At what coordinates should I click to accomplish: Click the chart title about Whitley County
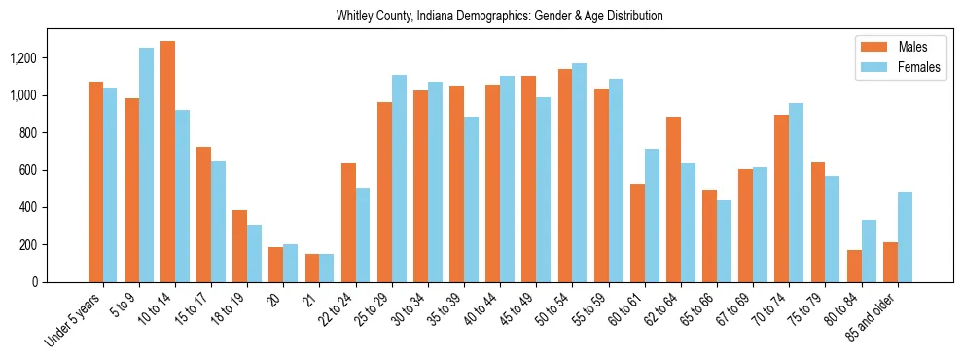tap(500, 16)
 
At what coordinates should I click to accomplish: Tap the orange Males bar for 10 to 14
tap(168, 162)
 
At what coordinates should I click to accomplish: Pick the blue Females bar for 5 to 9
tap(146, 164)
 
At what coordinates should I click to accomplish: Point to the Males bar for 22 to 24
tap(348, 223)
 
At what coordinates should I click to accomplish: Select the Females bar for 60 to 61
tap(652, 215)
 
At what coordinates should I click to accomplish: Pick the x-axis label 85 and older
tap(875, 317)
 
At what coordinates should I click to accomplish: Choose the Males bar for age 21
tap(312, 268)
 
